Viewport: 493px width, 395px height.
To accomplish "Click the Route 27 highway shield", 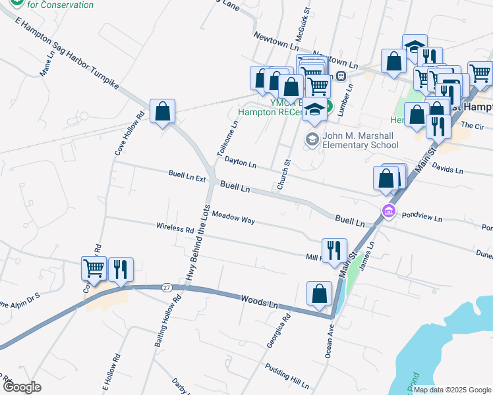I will [166, 287].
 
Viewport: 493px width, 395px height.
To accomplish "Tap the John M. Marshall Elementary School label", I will [361, 141].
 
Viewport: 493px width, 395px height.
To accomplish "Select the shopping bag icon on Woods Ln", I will [319, 295].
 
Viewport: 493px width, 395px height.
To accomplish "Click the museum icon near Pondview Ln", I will [389, 211].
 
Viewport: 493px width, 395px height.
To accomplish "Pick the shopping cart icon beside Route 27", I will [94, 269].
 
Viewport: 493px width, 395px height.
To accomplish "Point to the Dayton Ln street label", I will [240, 162].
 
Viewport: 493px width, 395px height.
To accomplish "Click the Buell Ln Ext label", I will [187, 177].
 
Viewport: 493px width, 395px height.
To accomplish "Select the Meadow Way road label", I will [233, 218].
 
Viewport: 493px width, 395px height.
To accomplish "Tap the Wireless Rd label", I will [175, 228].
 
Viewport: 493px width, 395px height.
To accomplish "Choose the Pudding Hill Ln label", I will [287, 376].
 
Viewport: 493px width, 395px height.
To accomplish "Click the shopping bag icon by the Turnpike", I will [162, 112].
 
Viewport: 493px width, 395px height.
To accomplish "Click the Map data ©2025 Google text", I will [452, 389].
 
